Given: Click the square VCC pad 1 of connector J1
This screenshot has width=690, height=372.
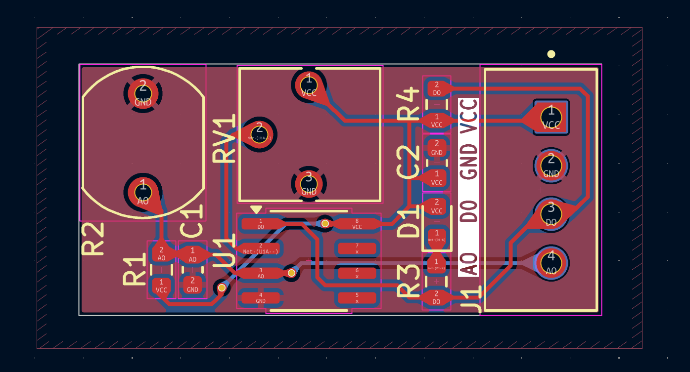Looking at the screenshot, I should tap(551, 117).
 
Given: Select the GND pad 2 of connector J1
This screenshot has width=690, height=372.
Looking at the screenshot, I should tap(551, 165).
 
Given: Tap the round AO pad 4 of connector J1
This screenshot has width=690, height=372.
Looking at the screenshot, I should tap(551, 262).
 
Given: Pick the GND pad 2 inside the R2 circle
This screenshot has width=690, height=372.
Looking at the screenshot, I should tap(143, 93).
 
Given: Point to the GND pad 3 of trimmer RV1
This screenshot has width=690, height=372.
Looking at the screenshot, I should tap(309, 183).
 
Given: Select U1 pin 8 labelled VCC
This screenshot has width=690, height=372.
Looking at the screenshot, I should tap(357, 224).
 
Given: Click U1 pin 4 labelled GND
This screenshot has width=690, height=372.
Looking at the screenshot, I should tap(261, 298).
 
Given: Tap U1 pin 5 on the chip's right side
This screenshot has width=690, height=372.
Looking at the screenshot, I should tap(357, 298).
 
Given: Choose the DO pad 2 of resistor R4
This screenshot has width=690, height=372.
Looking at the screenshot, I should tap(437, 89).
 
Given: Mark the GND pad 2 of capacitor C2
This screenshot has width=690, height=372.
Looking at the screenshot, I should tap(437, 148).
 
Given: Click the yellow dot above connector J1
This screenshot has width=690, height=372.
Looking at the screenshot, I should tap(551, 54).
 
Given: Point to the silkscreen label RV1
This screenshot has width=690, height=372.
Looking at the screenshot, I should tap(224, 139).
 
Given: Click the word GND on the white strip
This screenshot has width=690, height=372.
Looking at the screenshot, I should tap(468, 162).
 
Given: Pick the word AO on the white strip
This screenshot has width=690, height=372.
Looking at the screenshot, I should tap(468, 263).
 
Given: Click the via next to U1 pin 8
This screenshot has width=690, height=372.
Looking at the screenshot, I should tap(325, 224).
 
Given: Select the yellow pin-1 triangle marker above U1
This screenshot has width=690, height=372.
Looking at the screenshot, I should tap(256, 209).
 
